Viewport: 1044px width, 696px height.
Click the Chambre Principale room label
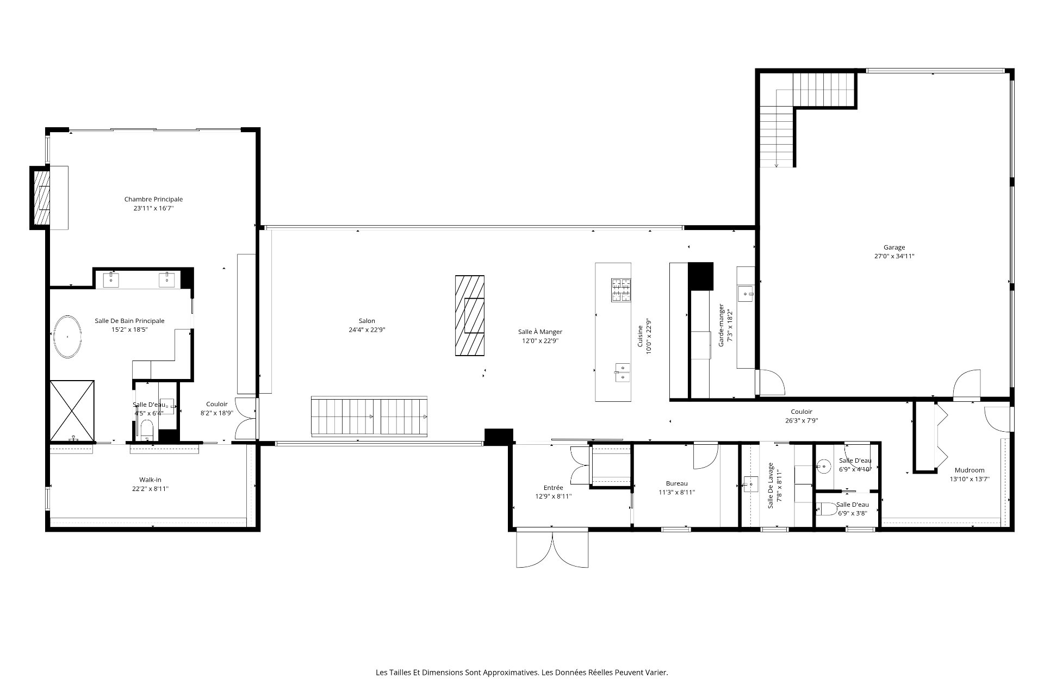coord(153,200)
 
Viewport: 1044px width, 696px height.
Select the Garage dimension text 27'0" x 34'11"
coord(894,256)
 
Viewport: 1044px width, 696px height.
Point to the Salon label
coord(366,321)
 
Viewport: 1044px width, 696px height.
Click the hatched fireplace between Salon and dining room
coord(470,315)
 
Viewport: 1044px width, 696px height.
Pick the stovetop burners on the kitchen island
coord(622,290)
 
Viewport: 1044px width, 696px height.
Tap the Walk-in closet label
coord(150,480)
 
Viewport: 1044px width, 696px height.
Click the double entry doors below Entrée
coord(552,550)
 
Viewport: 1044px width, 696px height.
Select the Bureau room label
coord(676,483)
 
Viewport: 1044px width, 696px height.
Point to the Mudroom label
coord(970,470)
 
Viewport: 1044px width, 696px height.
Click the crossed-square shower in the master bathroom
coord(72,410)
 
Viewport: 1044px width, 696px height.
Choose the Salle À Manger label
coord(540,332)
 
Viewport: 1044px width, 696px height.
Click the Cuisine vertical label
coord(641,336)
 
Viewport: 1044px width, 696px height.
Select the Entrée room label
coord(554,488)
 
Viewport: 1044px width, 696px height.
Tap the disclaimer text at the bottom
coord(522,673)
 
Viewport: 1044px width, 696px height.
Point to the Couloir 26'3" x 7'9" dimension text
coord(801,420)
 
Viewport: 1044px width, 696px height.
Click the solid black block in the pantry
coord(700,276)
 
